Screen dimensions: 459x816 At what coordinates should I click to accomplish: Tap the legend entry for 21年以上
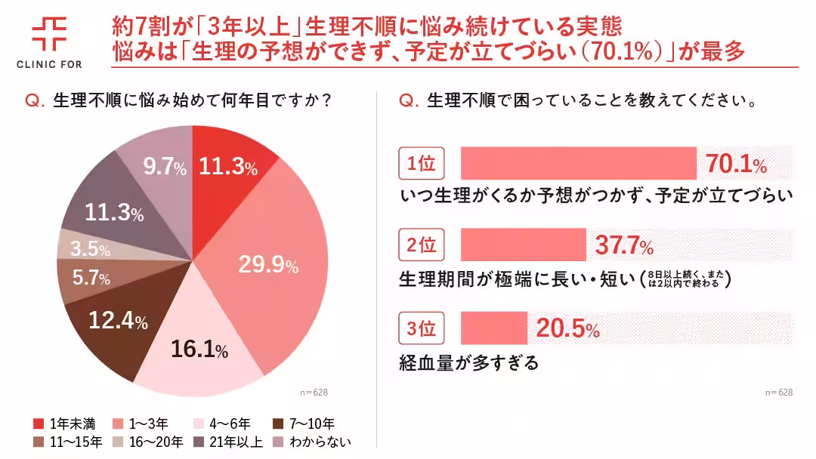pyautogui.click(x=231, y=442)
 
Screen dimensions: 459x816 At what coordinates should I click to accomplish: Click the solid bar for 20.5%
pyautogui.click(x=493, y=328)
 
